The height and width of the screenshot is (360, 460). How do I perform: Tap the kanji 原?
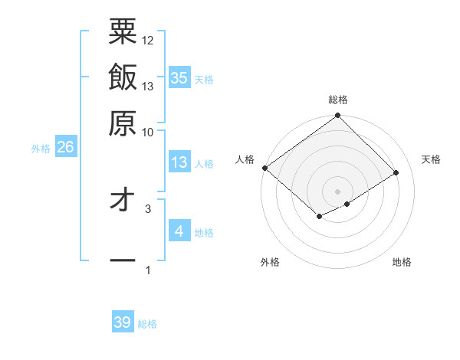[123, 122]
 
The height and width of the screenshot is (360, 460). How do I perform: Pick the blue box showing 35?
[179, 77]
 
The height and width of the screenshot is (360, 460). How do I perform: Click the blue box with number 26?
[65, 148]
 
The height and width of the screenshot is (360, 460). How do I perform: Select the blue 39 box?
[123, 322]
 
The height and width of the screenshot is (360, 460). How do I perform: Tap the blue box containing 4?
[179, 231]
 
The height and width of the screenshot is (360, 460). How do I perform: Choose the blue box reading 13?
[179, 162]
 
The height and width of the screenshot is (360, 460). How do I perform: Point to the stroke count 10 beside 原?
[148, 132]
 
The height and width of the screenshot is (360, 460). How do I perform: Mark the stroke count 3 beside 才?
[148, 208]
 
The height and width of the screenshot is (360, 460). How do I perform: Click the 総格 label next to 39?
[147, 324]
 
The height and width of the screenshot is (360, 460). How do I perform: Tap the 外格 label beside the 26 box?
[41, 149]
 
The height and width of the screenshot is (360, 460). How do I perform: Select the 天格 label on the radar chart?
[431, 159]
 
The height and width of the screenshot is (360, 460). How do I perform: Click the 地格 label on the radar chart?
[402, 262]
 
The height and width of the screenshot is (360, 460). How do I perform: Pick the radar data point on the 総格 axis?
[338, 116]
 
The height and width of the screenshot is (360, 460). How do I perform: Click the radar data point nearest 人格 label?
[264, 168]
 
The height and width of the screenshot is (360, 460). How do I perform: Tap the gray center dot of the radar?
[338, 191]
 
